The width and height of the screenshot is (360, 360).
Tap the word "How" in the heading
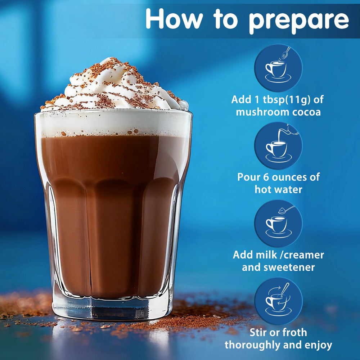coord(174,19)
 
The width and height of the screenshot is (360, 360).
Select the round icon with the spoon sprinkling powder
coord(278,68)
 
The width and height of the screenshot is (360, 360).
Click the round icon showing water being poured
coord(278,145)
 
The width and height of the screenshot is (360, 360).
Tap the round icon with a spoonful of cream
coord(278,224)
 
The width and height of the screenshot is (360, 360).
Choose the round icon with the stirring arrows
coord(278,301)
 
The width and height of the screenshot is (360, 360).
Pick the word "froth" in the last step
coord(294,332)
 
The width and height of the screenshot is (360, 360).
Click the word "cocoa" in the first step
coord(306,112)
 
